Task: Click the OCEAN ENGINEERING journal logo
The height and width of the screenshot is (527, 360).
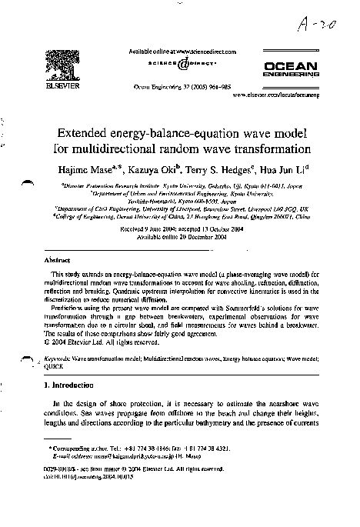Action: click(295, 70)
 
